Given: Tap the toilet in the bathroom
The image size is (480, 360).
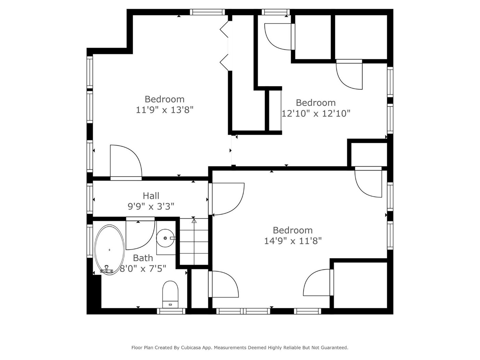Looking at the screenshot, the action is (170, 294).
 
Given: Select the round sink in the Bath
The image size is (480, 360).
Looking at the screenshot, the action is (166, 238).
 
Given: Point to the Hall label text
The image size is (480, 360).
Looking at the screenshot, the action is (151, 196).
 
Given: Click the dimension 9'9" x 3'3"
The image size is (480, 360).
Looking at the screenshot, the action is (151, 206).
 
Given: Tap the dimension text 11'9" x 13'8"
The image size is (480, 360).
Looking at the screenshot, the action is (165, 110).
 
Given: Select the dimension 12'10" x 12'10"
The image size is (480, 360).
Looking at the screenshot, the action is (316, 113).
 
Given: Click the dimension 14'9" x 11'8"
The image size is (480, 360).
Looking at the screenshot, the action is (293, 241).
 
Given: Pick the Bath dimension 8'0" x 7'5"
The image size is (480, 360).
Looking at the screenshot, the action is (143, 268).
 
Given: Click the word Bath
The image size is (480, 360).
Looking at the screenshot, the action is (143, 258).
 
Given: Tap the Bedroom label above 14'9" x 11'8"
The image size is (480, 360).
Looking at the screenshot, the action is (293, 230).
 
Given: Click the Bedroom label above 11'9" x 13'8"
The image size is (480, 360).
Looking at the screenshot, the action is (165, 99).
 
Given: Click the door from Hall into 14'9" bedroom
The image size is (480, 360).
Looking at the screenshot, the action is (226, 199).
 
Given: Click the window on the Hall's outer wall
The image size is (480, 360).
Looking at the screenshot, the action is (90, 199).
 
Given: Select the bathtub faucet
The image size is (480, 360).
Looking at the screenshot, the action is (107, 269).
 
